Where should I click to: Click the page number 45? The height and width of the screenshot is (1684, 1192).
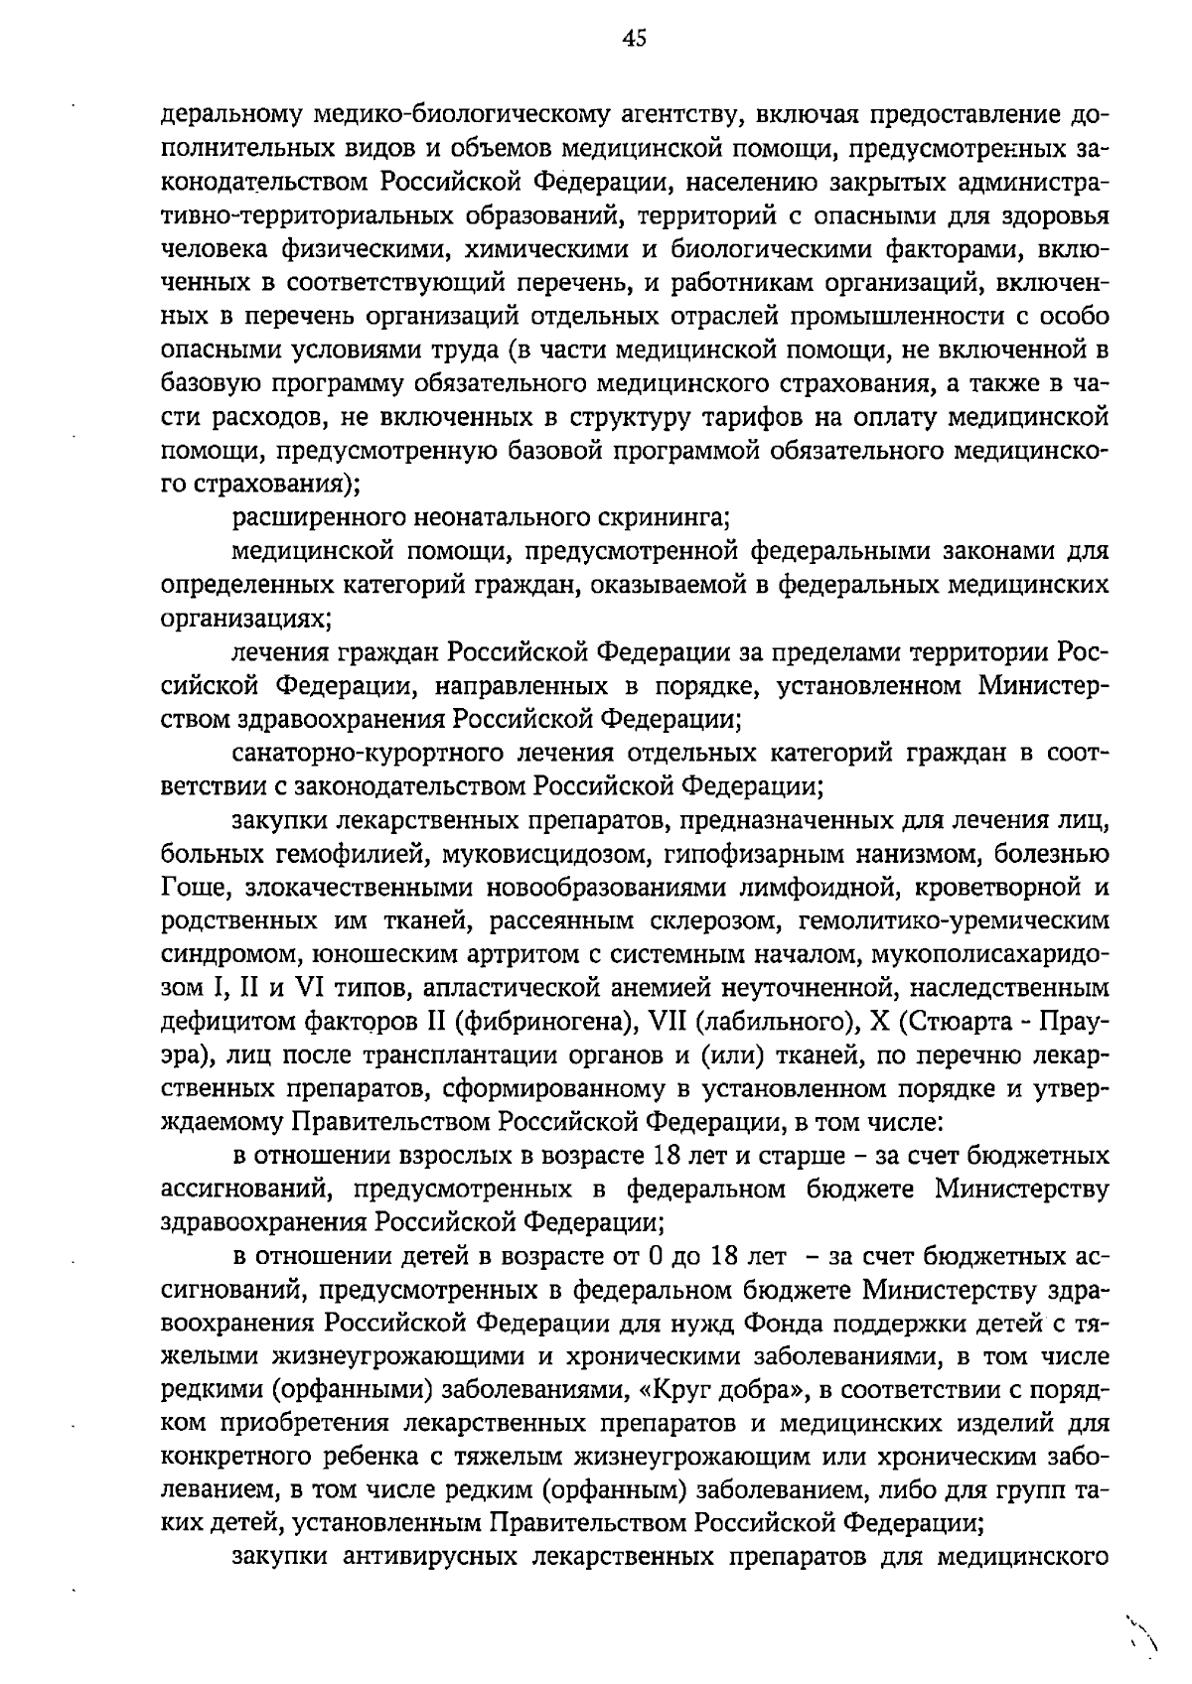[x=635, y=39]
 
